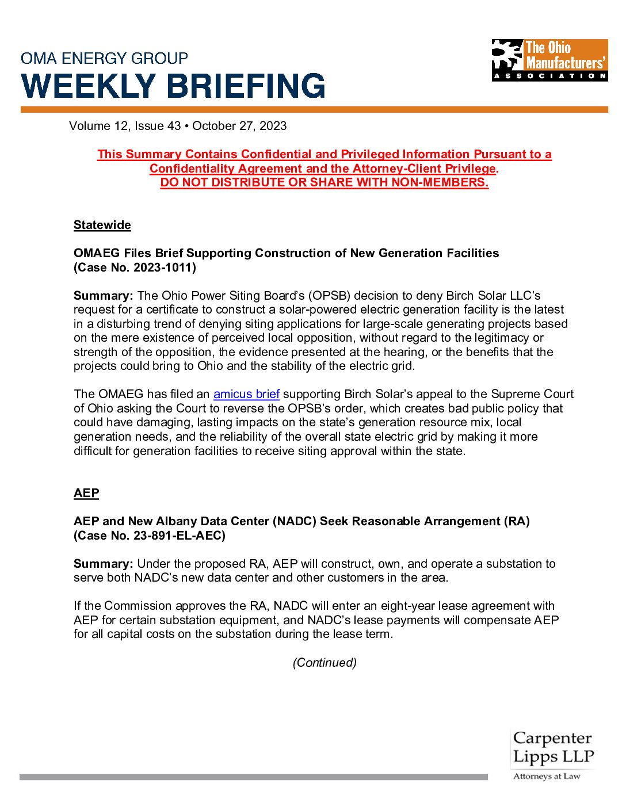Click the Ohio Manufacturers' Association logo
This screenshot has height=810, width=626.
[549, 60]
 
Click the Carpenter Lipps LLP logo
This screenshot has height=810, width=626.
[552, 748]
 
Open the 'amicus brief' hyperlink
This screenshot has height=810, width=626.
[246, 394]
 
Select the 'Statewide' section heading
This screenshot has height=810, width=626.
[102, 225]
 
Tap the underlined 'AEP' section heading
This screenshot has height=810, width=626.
[86, 493]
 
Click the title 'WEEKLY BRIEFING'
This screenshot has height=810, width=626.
[173, 86]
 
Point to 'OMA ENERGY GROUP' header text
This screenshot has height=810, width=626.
[104, 59]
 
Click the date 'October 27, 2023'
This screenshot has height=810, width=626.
[239, 126]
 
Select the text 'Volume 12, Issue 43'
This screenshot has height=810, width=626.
[125, 126]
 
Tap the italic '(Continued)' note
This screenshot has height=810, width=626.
[325, 663]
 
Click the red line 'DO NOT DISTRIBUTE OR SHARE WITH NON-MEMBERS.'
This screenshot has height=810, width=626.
[325, 182]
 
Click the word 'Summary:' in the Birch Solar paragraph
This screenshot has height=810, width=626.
[103, 296]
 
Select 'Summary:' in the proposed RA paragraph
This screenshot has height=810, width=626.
[103, 564]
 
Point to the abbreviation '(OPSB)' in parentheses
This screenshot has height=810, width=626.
[327, 296]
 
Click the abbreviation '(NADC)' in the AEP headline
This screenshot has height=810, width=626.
[294, 521]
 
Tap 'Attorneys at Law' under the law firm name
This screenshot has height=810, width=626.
[547, 777]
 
